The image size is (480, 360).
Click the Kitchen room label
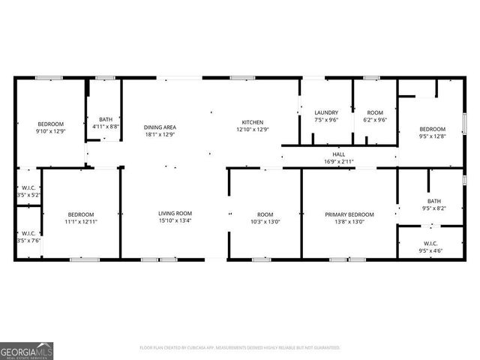pos(252,122)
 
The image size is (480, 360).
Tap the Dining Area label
pos(160,127)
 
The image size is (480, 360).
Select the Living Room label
pos(175,214)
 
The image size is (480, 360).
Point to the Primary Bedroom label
pos(349,214)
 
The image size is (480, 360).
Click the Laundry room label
pos(326,112)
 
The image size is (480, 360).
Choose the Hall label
pos(339,154)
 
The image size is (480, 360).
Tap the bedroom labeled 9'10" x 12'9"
pos(51,124)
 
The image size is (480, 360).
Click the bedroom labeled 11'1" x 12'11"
pos(81,214)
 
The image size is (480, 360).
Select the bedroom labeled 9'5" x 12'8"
pos(432,129)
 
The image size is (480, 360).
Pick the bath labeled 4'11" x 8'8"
pos(105,119)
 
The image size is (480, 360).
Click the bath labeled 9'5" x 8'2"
pos(434,201)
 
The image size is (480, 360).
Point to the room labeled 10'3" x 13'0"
pos(265,214)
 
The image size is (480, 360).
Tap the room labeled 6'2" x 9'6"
pos(375,112)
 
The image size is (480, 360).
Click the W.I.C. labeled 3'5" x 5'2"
pos(28,187)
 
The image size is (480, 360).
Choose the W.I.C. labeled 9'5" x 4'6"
pos(431,244)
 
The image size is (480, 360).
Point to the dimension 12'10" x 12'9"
pos(253,130)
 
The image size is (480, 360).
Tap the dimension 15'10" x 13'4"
pos(175,221)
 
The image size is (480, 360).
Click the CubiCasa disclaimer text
pos(239,347)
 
